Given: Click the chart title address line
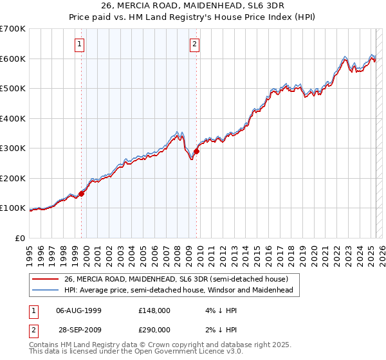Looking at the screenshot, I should pyautogui.click(x=193, y=8).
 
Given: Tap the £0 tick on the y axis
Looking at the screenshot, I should pyautogui.click(x=21, y=238).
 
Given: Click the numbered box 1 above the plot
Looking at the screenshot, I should pyautogui.click(x=79, y=44).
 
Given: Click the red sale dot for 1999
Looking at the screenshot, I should pyautogui.click(x=82, y=194).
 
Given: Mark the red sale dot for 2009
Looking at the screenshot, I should pyautogui.click(x=196, y=152).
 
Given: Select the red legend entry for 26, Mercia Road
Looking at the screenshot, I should pyautogui.click(x=180, y=279).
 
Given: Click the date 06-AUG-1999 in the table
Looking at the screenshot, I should pyautogui.click(x=79, y=310).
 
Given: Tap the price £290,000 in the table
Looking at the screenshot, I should pyautogui.click(x=154, y=329).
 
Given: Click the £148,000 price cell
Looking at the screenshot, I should pyautogui.click(x=154, y=310).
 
